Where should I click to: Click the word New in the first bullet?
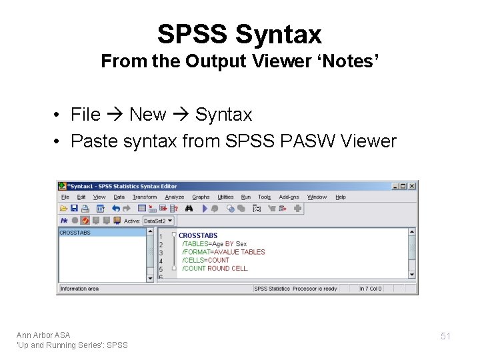click(x=147, y=115)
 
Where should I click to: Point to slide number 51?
click(x=445, y=337)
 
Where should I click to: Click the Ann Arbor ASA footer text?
click(x=43, y=335)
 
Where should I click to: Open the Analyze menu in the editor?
click(x=174, y=197)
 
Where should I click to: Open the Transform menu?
click(x=144, y=197)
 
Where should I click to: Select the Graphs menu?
click(x=201, y=197)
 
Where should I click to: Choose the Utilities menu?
click(x=226, y=197)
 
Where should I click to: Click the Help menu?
click(x=341, y=197)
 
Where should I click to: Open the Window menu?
click(x=317, y=197)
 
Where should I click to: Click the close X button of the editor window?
click(x=413, y=186)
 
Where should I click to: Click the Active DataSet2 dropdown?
click(x=159, y=220)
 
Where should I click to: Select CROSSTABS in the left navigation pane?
click(x=75, y=233)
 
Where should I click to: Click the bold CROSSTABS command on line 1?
click(x=198, y=235)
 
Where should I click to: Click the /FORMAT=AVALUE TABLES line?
click(x=223, y=252)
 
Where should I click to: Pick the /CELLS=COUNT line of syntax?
click(x=206, y=260)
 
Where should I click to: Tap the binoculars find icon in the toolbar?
click(x=189, y=208)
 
